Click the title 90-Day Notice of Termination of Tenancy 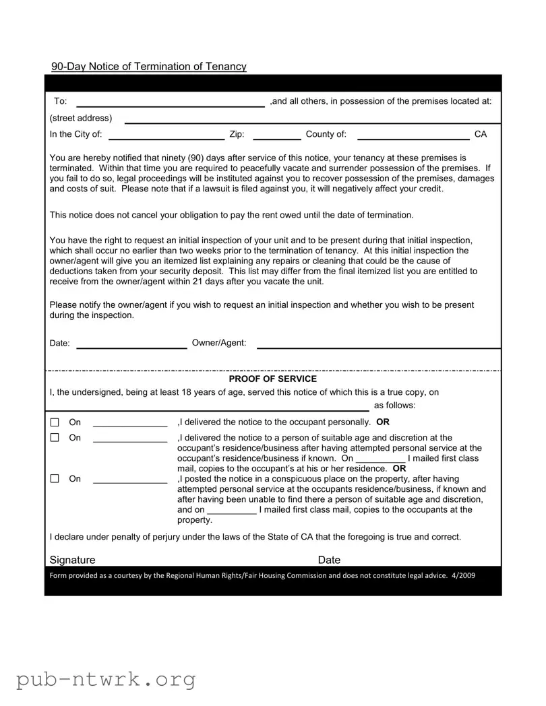149,66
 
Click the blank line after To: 171,102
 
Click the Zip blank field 276,135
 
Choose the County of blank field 413,135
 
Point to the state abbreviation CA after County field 481,135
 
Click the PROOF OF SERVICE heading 272,379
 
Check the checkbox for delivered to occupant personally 55,423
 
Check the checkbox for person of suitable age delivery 55,438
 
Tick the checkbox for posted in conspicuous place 55,479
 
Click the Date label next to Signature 329,560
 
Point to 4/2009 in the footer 464,575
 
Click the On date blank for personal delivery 129,423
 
